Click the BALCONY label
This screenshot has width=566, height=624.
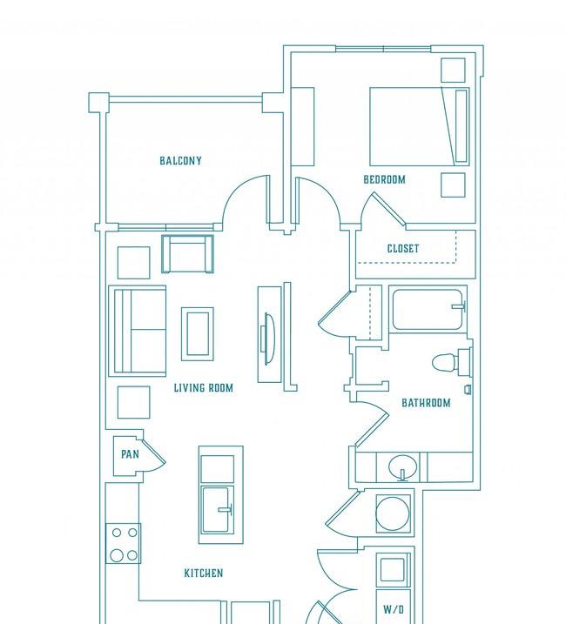click(180, 161)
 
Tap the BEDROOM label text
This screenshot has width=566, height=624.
click(384, 179)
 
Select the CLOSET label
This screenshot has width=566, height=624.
click(403, 249)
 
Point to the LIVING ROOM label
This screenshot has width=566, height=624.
click(204, 387)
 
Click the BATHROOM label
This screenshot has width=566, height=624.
click(426, 403)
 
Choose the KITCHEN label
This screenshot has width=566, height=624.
click(204, 573)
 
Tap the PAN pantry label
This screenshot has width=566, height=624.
click(130, 454)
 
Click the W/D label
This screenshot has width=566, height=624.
click(394, 609)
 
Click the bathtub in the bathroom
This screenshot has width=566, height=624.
click(428, 310)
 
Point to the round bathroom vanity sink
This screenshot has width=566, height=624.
click(402, 466)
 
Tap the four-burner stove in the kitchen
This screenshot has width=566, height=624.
click(123, 543)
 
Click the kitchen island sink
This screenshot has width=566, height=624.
click(217, 510)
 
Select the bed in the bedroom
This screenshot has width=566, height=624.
click(419, 126)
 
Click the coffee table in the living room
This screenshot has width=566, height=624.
click(198, 334)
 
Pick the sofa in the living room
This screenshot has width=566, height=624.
click(138, 331)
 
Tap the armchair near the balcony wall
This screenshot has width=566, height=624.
click(187, 254)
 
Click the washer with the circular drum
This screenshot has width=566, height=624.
click(393, 513)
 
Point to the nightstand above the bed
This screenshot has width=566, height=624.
click(453, 70)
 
